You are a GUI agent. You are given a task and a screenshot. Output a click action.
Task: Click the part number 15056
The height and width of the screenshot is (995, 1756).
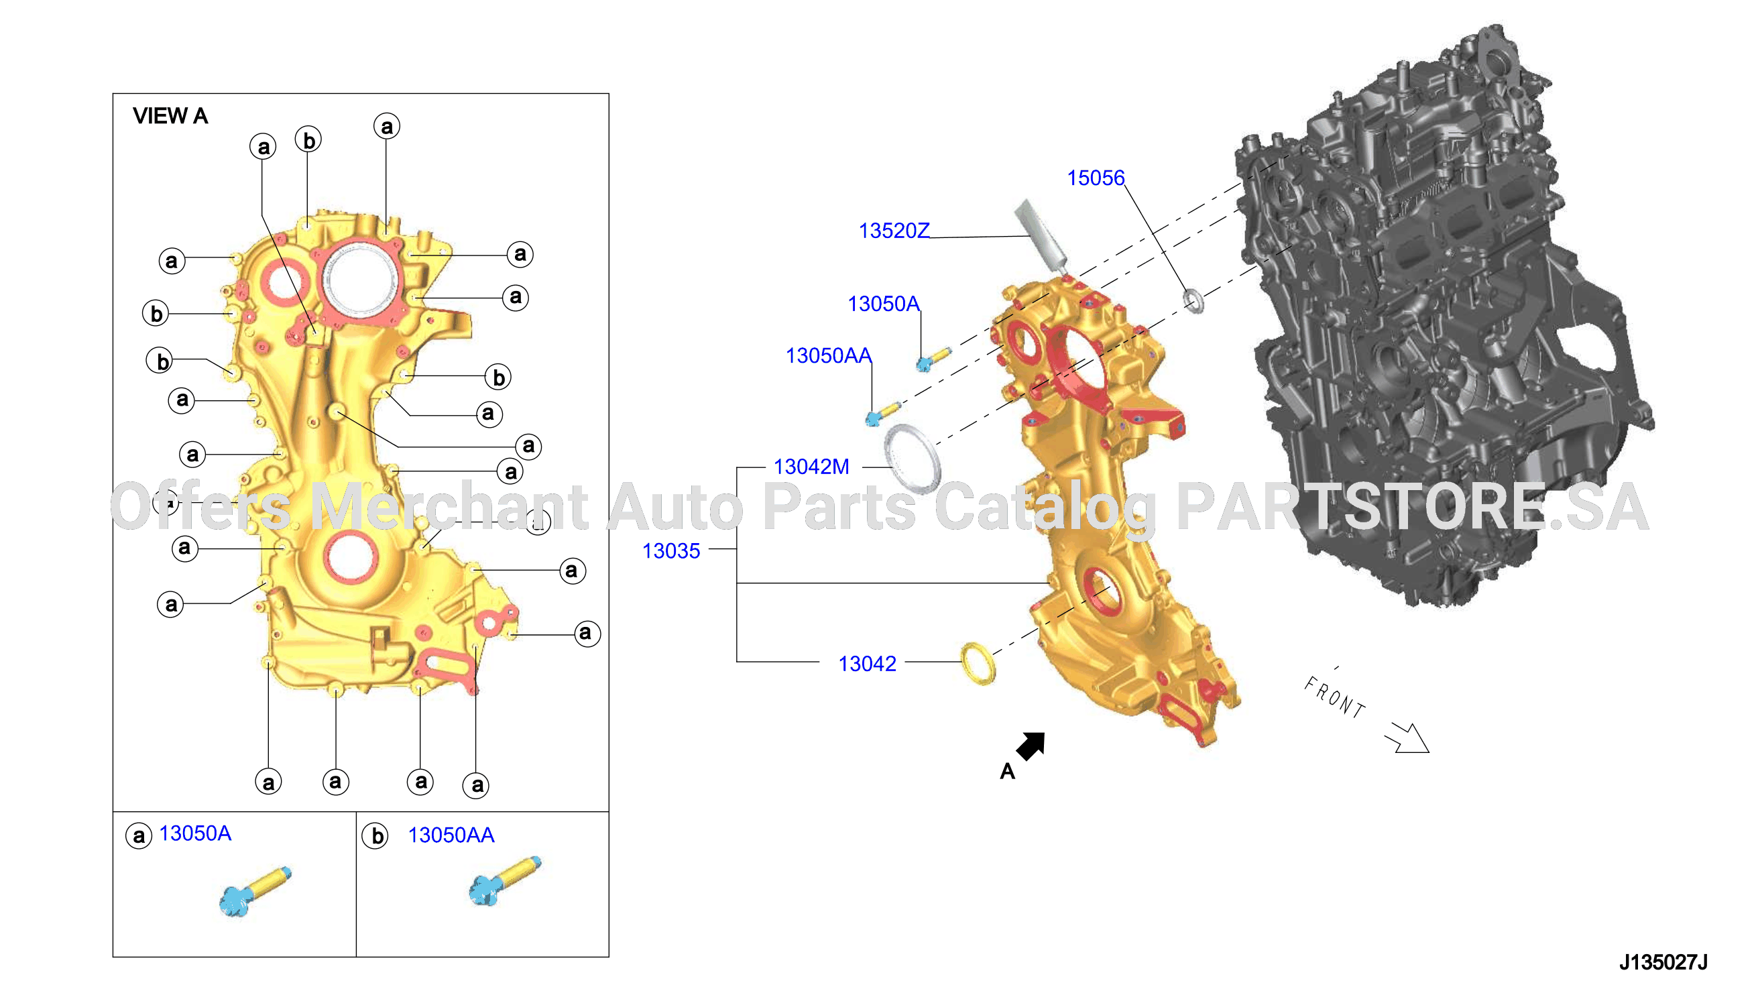(1096, 178)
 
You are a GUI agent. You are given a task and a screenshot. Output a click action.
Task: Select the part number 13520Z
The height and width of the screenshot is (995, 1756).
(894, 231)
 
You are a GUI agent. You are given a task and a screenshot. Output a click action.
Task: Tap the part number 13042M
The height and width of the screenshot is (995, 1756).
(811, 467)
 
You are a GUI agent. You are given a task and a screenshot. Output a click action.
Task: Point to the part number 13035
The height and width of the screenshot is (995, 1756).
(671, 551)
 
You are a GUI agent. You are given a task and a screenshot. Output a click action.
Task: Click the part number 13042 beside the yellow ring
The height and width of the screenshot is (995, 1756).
(867, 664)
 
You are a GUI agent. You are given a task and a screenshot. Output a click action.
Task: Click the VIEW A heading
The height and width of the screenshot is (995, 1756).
(170, 116)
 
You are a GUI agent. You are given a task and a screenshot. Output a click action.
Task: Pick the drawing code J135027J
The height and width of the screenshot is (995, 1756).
(1663, 962)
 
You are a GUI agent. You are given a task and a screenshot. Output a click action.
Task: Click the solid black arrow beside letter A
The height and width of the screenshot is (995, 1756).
(1032, 745)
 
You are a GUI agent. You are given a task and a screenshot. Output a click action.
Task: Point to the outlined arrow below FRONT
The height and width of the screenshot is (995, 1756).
(1407, 738)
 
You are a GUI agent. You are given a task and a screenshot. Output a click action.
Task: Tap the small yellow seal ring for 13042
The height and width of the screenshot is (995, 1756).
(978, 663)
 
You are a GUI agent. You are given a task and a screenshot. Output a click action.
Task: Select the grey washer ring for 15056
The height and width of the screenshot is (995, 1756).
(1193, 300)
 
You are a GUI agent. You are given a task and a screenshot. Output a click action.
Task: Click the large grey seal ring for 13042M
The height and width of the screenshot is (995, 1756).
(912, 459)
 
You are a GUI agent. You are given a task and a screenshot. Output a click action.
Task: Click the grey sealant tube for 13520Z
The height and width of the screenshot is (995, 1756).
(1040, 237)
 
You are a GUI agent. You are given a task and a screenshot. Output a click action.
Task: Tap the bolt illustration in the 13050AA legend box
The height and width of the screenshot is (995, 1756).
(505, 881)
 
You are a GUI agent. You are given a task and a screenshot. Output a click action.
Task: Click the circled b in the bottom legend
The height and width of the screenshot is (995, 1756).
(375, 836)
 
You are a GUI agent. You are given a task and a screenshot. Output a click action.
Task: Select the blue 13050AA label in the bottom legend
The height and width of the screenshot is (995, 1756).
(451, 835)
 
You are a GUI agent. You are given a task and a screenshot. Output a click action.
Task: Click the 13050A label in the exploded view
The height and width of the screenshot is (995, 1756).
(884, 304)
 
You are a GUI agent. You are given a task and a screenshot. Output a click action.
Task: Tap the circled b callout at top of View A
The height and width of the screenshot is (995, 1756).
(308, 140)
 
